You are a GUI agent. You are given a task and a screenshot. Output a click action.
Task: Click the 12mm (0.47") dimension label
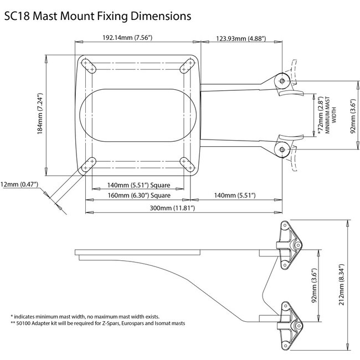[x=20, y=184]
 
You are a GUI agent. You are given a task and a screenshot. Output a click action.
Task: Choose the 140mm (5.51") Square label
[x=138, y=184]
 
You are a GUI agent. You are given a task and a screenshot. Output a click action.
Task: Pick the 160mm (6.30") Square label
[x=138, y=196]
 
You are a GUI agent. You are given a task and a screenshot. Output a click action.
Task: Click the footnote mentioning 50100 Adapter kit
[x=97, y=323]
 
